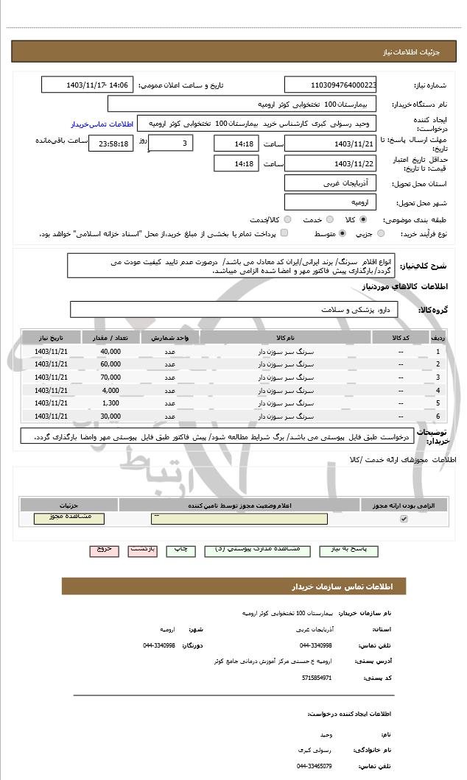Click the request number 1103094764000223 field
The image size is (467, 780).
(x=331, y=85)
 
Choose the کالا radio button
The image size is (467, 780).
(x=363, y=219)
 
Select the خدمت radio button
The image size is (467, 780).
(x=329, y=219)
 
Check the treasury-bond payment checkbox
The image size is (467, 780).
(x=284, y=233)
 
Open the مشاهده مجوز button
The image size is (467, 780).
(x=69, y=518)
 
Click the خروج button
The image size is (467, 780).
(x=103, y=549)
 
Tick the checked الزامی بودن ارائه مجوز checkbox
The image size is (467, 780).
(x=403, y=519)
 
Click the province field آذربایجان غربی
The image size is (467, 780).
(x=331, y=182)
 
